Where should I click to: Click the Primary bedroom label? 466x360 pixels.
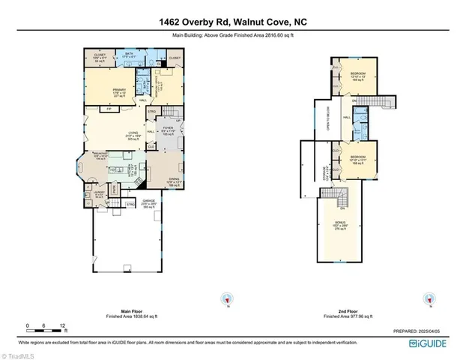(100, 91)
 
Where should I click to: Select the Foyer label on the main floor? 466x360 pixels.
(169, 132)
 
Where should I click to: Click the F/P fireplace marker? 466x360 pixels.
(109, 109)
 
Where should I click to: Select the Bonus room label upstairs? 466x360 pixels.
(342, 226)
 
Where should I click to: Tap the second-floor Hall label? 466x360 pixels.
(347, 118)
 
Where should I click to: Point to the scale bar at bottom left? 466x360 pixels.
(45, 328)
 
